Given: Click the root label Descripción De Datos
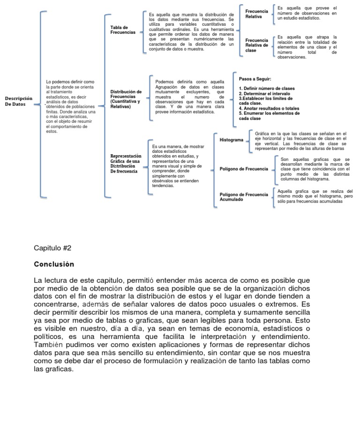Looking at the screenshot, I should (18, 101).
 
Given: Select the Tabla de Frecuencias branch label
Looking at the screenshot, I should (123, 30).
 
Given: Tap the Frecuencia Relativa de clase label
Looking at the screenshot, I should (256, 45).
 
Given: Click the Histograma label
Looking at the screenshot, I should (231, 140).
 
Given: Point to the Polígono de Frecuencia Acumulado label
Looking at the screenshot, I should (244, 197).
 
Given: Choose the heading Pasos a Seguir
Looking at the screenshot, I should (255, 79).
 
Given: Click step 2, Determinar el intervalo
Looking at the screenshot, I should (264, 93).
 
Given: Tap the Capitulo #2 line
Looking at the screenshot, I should (52, 248).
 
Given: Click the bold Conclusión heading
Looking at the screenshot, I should (54, 264).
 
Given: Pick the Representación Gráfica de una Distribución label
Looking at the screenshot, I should (125, 164).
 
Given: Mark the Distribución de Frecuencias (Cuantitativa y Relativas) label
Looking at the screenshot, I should (126, 99).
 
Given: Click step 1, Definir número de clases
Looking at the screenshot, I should (266, 88).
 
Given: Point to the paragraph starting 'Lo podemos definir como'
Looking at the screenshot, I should (71, 106).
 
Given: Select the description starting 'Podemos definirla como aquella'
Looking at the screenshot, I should (189, 97).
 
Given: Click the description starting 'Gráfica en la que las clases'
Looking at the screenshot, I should (300, 141).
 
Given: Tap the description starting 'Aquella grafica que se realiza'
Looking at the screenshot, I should (315, 196).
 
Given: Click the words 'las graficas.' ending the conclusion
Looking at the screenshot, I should (54, 369).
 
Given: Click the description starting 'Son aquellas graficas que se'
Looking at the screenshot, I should (315, 169).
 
